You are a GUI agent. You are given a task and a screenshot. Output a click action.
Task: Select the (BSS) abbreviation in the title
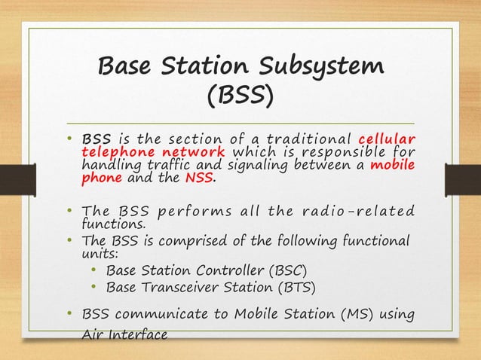pos(240,98)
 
